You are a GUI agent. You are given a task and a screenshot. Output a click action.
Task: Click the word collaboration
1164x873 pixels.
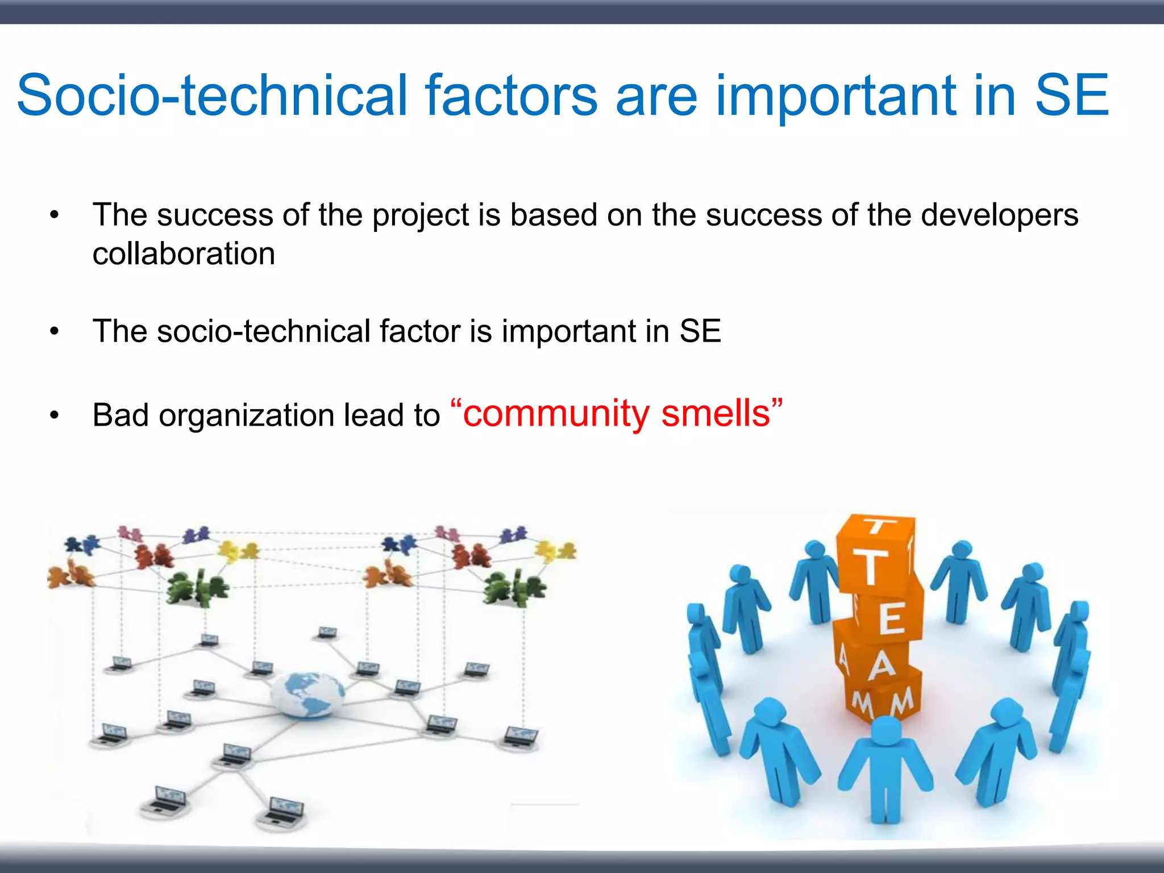[184, 253]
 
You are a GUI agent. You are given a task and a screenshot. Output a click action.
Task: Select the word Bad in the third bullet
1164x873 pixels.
[120, 415]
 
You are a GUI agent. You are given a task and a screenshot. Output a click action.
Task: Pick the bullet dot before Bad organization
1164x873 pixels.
[54, 415]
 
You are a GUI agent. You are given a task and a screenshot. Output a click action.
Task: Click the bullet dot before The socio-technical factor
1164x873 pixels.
[54, 331]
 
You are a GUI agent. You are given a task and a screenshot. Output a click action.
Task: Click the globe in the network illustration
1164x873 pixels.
[307, 693]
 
